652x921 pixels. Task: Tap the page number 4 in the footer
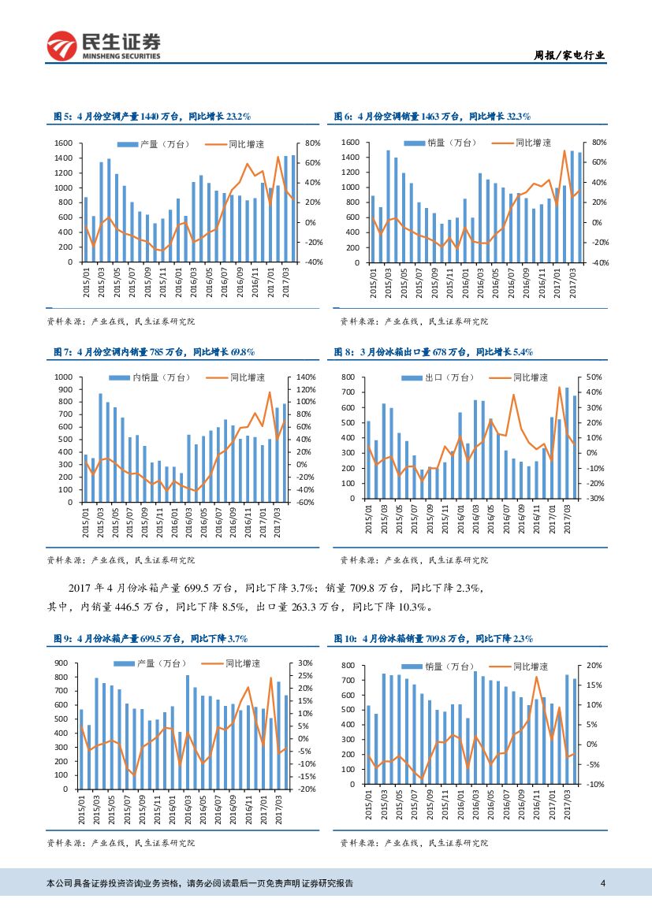click(x=602, y=883)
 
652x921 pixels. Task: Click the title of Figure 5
click(x=151, y=116)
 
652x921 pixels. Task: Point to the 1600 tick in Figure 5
click(x=65, y=143)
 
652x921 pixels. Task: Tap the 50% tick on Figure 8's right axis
click(x=594, y=378)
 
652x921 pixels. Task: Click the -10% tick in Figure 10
click(x=594, y=784)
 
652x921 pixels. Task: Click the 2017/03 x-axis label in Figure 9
click(x=278, y=809)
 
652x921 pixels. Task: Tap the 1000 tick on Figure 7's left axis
click(x=63, y=377)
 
